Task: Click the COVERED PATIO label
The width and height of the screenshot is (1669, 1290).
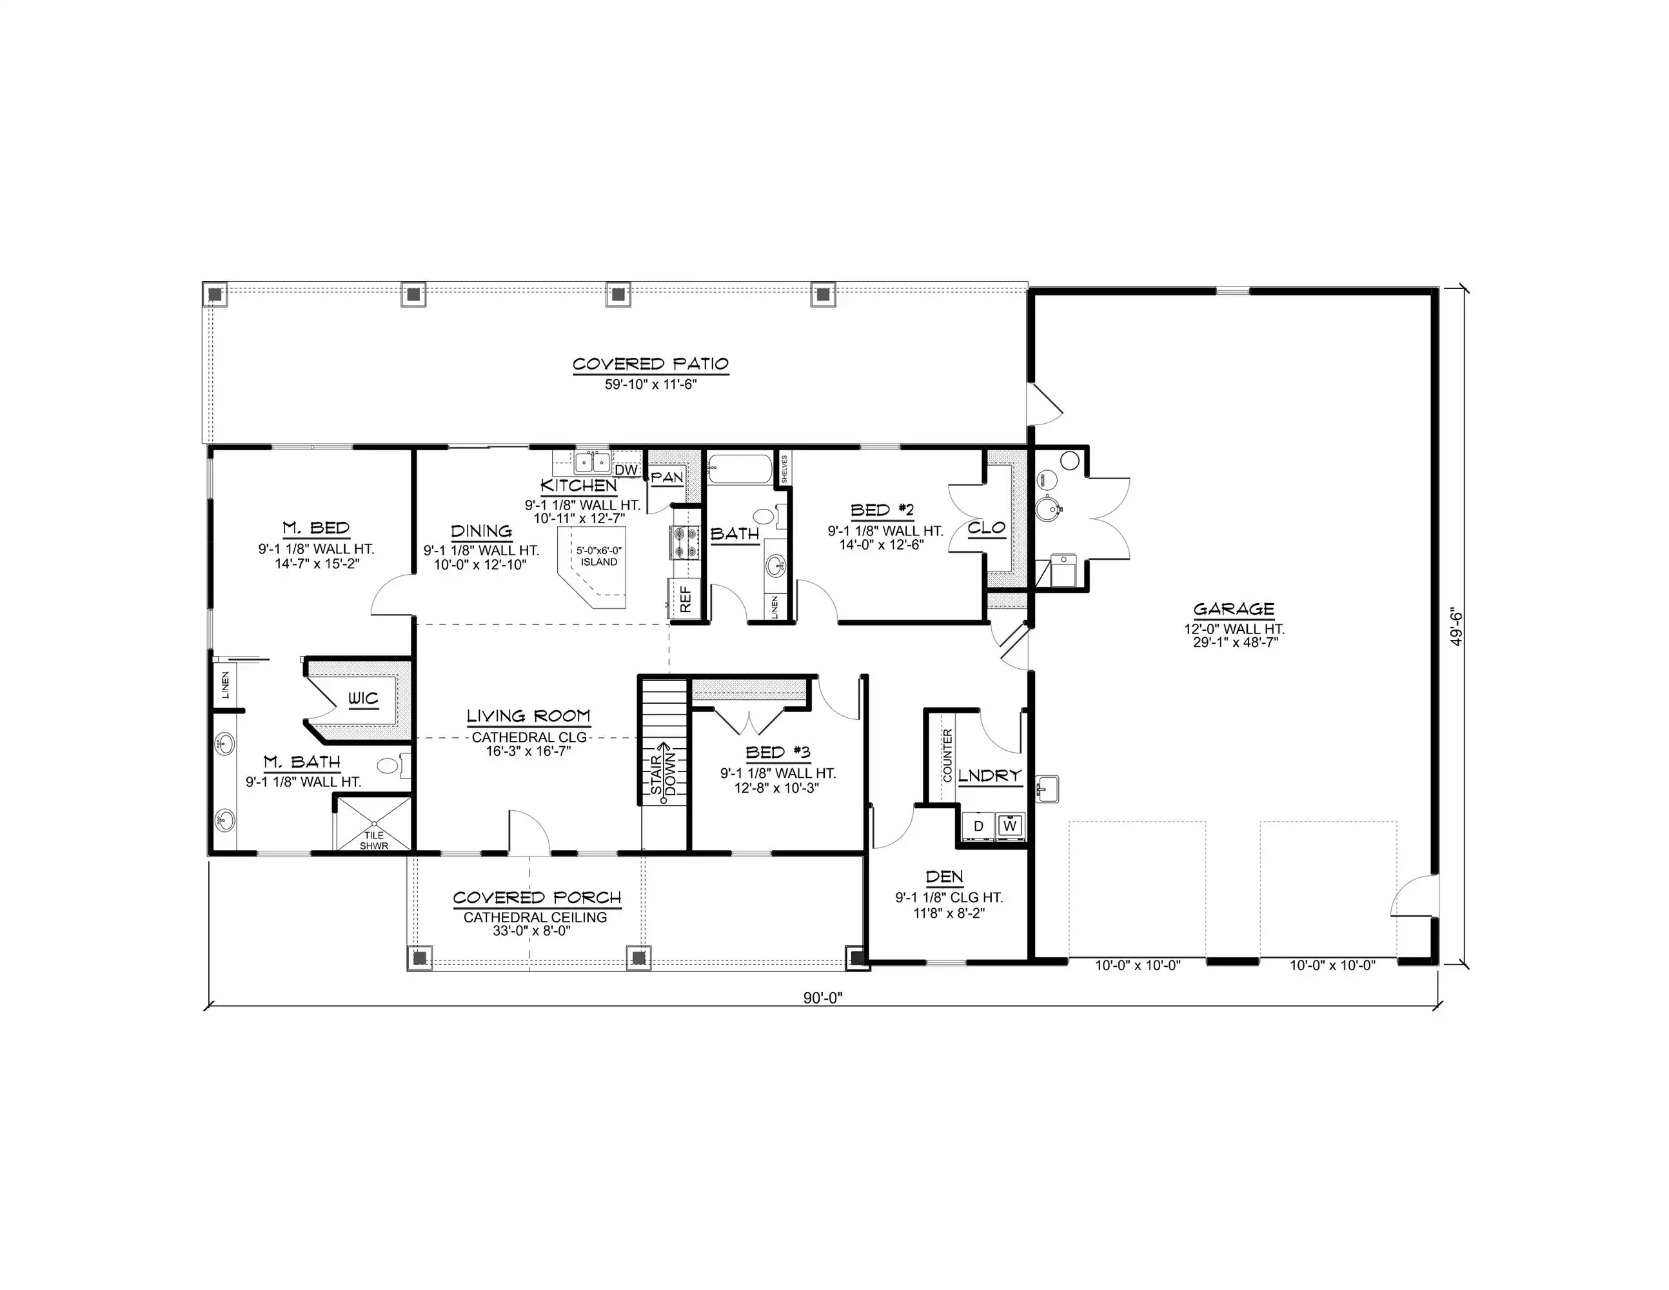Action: (x=650, y=364)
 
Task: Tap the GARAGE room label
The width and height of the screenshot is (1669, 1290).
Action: (x=1234, y=609)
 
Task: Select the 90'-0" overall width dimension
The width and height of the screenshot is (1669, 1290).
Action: (x=822, y=998)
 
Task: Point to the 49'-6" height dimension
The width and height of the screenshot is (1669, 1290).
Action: (x=1457, y=628)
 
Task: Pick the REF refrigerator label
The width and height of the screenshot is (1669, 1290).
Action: (x=686, y=599)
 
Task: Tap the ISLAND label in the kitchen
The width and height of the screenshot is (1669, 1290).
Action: (x=598, y=562)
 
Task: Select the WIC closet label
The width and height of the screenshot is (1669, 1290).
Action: (x=363, y=699)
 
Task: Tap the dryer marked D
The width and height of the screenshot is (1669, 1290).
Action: (x=978, y=826)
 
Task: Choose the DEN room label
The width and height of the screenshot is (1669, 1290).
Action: (x=945, y=877)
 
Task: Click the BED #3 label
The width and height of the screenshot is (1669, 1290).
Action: (x=777, y=753)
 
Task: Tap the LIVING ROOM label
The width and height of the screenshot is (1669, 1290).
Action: (x=528, y=716)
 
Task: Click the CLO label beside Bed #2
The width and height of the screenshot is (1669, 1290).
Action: (x=986, y=528)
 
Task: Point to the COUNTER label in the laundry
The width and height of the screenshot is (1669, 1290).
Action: (x=947, y=755)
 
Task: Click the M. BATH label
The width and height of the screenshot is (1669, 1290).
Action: (x=302, y=762)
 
